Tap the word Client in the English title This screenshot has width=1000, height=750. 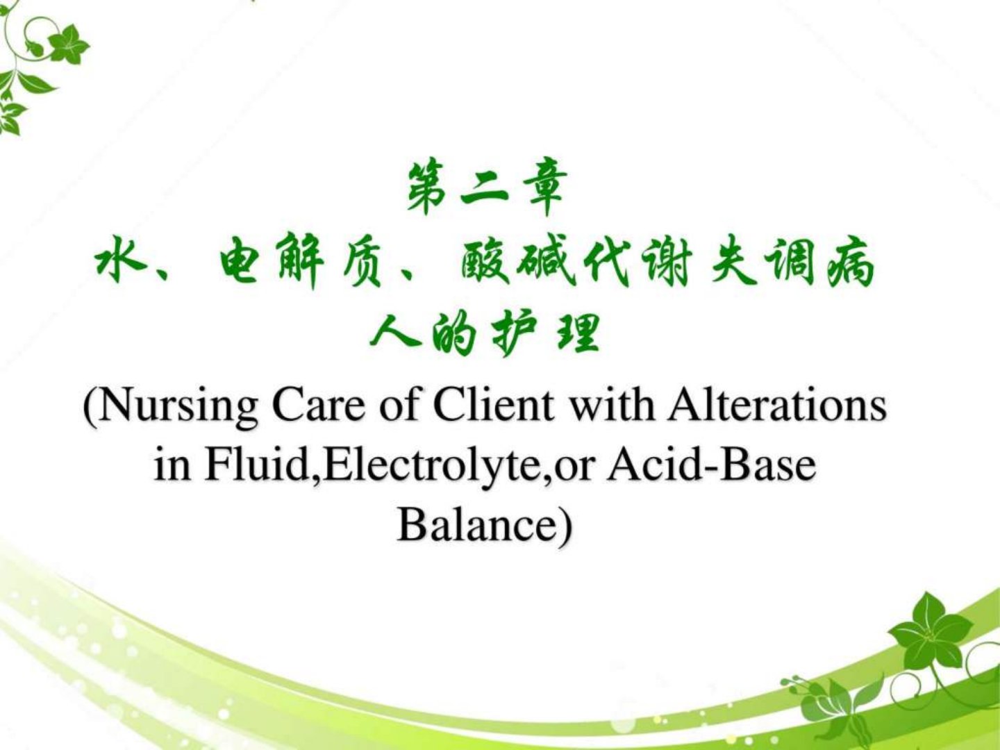[x=493, y=404]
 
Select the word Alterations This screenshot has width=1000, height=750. [x=777, y=404]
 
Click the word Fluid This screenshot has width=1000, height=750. [x=260, y=466]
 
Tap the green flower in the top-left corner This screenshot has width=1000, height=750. [x=68, y=44]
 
